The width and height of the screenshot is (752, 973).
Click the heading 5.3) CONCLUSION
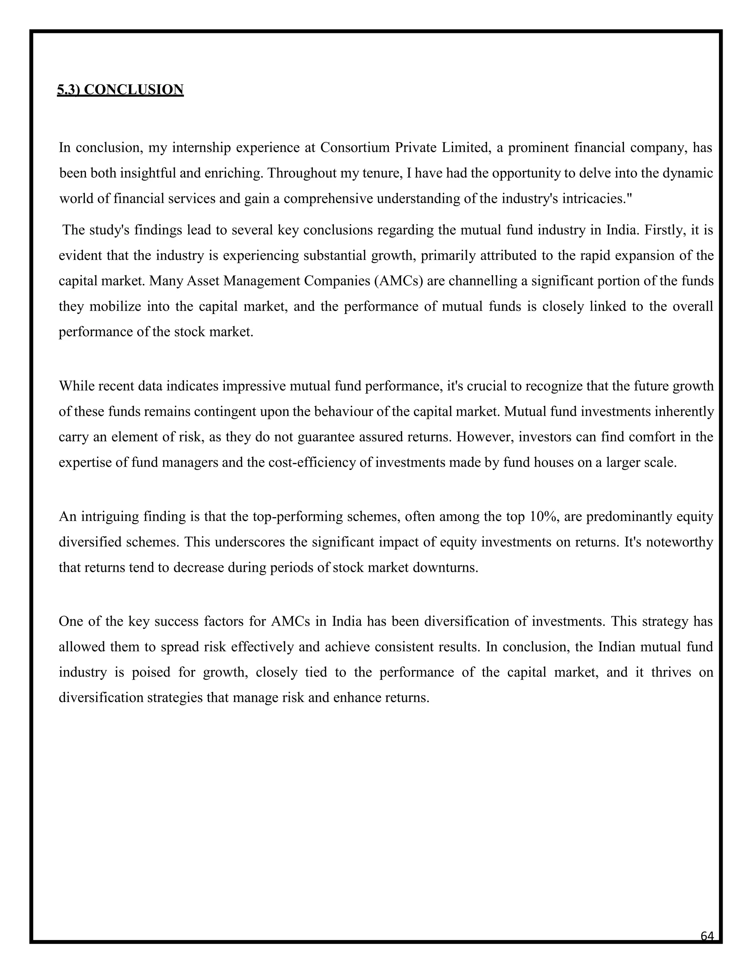click(120, 90)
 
